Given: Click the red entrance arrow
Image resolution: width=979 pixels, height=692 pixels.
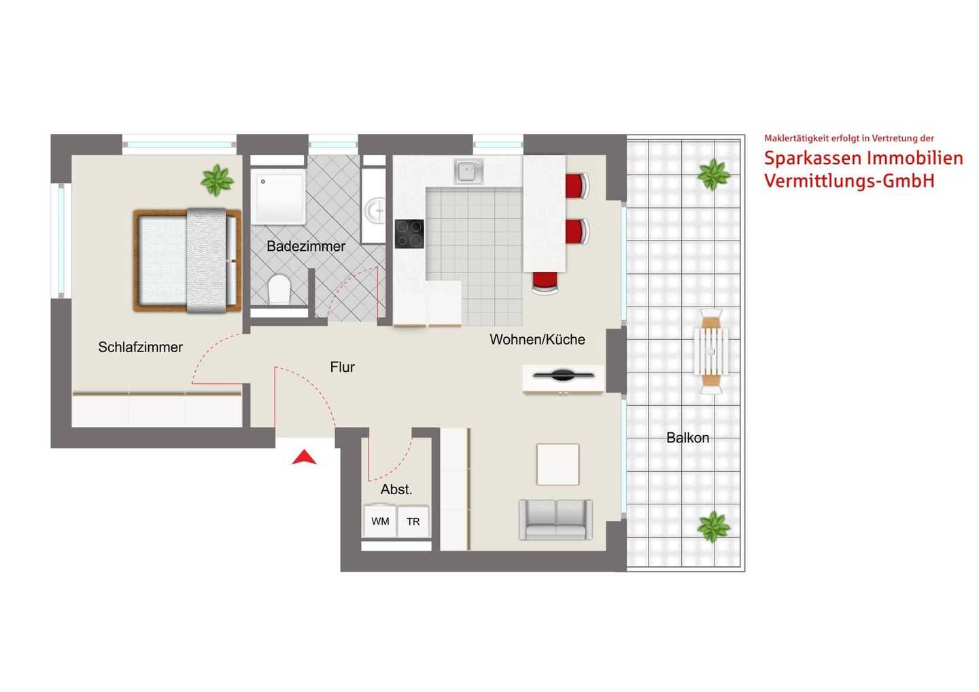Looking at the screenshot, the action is [304, 458].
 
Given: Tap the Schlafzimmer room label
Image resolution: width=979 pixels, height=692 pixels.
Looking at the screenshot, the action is [140, 347].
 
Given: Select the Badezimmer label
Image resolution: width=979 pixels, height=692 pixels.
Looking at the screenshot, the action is [306, 246].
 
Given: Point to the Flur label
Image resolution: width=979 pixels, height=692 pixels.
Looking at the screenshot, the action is [342, 367].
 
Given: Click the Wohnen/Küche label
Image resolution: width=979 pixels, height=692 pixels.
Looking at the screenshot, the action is [537, 339].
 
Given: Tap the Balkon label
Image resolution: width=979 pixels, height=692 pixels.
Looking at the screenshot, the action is [687, 438].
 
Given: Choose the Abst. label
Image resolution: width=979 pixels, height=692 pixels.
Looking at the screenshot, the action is [396, 489].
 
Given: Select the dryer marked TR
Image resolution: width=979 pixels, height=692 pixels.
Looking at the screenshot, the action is [413, 521].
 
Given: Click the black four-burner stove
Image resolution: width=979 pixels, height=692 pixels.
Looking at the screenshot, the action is [409, 234].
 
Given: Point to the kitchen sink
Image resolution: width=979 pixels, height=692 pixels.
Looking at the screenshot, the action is [468, 171].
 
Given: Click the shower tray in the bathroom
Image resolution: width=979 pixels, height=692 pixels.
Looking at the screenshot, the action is [279, 196].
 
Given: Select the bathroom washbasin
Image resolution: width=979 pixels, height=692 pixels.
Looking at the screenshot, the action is [375, 210].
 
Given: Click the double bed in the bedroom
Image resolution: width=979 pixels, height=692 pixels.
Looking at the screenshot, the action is [188, 260].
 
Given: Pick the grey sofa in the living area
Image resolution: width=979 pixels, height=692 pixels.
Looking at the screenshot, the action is [555, 520].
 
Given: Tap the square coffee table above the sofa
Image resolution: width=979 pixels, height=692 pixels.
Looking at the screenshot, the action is [557, 464].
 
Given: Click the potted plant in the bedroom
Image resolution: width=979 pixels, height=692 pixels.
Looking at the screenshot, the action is [217, 179].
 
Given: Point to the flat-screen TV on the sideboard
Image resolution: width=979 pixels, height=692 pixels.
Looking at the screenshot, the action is [564, 375].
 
